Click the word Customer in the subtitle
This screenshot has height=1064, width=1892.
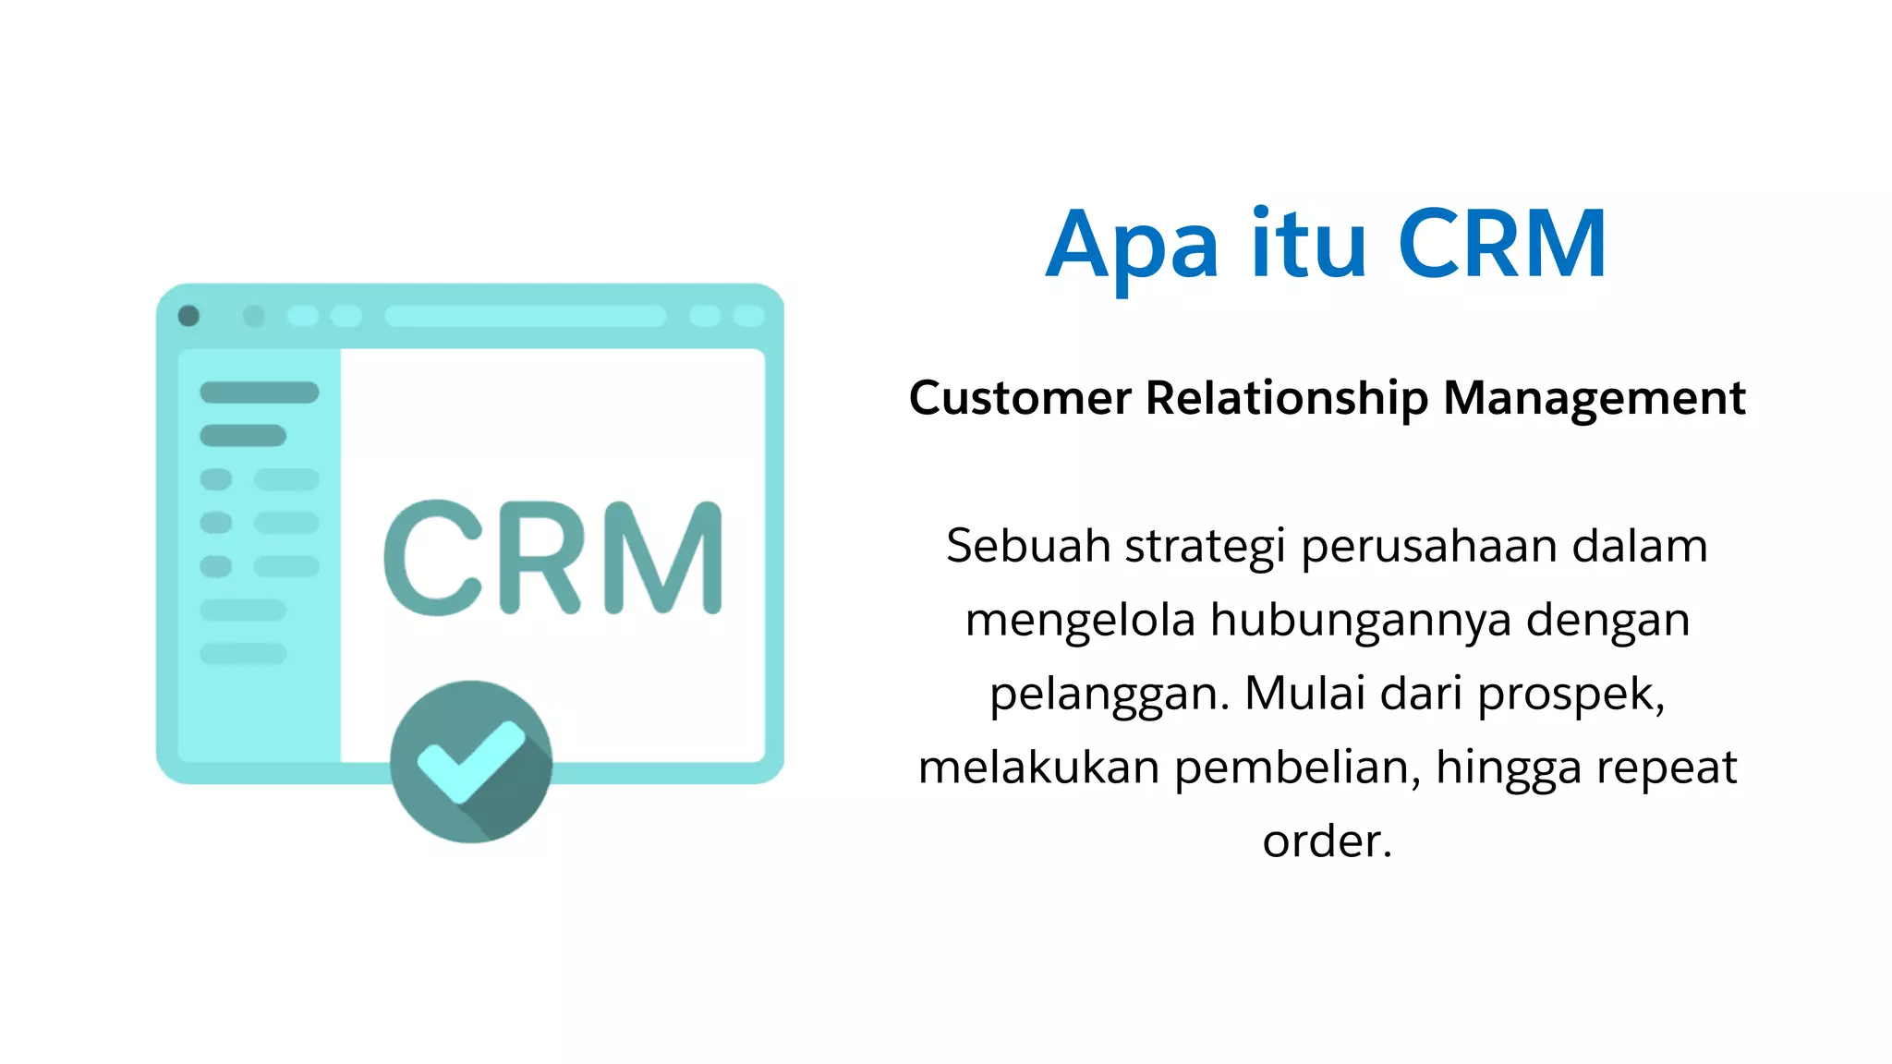coord(1020,399)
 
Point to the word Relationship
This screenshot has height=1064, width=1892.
coord(1286,399)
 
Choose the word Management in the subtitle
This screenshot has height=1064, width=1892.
coord(1594,399)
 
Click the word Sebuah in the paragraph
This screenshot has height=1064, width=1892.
coord(1028,546)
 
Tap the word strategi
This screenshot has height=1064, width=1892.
coord(1205,548)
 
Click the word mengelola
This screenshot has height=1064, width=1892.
coord(1080,621)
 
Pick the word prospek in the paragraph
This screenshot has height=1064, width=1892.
coord(1570,695)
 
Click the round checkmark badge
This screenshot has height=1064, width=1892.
coord(471,761)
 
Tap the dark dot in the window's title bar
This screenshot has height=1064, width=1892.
coord(188,316)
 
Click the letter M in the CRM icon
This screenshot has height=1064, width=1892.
coord(662,558)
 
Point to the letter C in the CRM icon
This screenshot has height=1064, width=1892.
coord(433,558)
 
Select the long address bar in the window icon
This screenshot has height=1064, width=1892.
coord(525,316)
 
